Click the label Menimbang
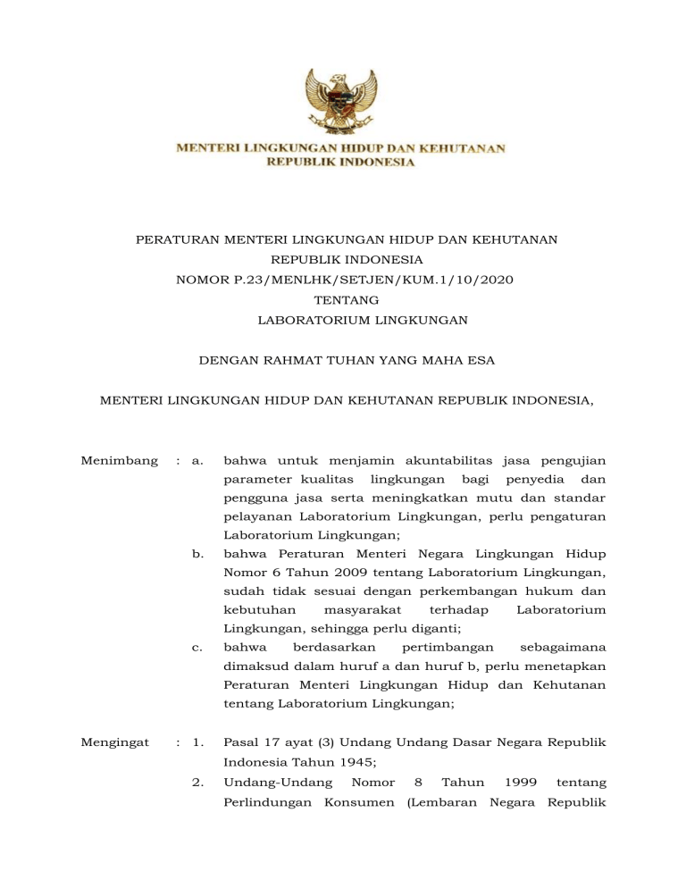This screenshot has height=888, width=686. coord(114,461)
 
